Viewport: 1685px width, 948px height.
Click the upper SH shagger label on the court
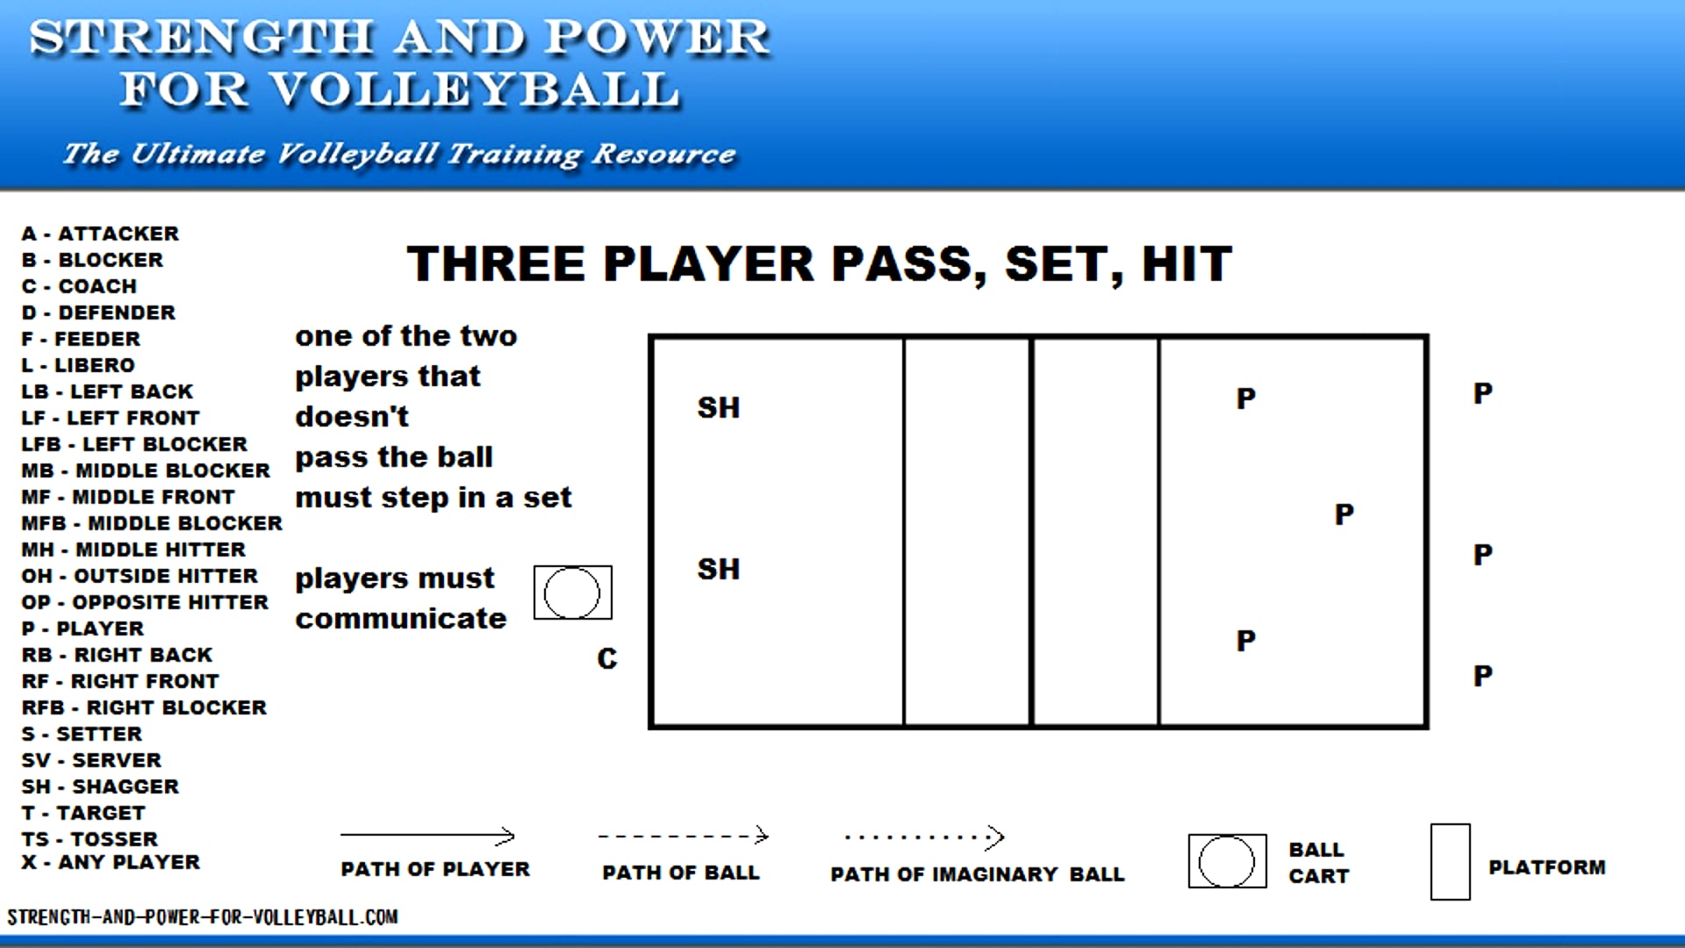(718, 407)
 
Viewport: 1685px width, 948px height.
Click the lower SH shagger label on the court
(718, 569)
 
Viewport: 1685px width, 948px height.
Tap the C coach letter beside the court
(606, 658)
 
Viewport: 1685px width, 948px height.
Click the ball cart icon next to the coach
(572, 592)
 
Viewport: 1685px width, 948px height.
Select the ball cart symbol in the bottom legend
(1227, 861)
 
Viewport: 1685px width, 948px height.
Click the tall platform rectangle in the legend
(1450, 862)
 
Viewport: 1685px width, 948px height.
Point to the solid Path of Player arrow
(427, 836)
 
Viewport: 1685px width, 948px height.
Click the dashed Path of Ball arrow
(683, 836)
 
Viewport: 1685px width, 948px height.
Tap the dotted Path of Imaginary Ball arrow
(923, 837)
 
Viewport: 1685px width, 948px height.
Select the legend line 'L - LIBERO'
(78, 365)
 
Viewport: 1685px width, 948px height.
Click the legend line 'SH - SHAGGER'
(100, 786)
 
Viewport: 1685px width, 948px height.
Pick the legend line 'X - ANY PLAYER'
(111, 862)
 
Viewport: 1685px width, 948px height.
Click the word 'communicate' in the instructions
(400, 619)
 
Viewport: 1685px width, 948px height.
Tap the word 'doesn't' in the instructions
(352, 416)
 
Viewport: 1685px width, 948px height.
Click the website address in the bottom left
(203, 917)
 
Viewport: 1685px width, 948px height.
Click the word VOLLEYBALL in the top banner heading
(474, 90)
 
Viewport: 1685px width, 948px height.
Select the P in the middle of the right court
(1344, 513)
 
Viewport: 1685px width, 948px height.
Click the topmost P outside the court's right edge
(1482, 393)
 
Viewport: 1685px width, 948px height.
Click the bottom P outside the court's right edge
(1482, 676)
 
